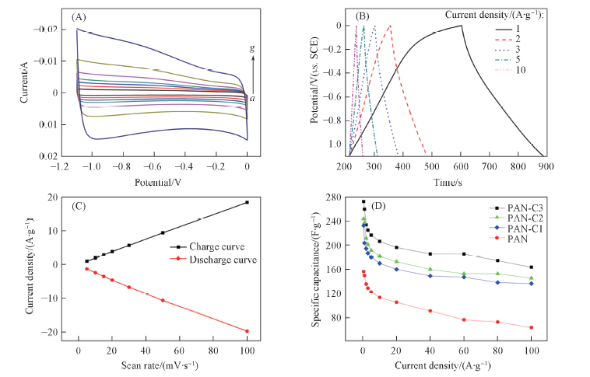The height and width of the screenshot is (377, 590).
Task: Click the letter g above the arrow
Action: [251, 49]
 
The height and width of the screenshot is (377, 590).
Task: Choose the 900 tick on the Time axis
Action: [544, 167]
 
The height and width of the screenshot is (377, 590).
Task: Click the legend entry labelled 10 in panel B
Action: [522, 71]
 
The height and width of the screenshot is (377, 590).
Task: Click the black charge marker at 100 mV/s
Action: [247, 202]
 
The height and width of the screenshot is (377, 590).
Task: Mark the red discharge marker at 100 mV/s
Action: [247, 331]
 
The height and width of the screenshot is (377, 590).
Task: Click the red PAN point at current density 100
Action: [532, 327]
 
